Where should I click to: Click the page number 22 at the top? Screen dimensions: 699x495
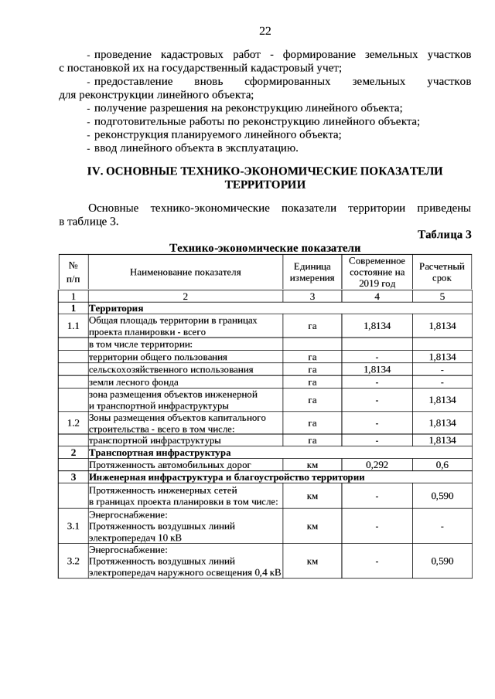[x=265, y=31]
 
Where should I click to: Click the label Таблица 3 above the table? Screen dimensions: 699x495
[x=444, y=235]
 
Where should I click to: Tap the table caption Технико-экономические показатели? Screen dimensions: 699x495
[x=265, y=248]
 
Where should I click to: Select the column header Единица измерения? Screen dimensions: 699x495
[x=312, y=272]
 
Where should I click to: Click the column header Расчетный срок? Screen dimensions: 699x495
[x=442, y=272]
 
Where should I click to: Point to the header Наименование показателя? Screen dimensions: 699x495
[x=186, y=272]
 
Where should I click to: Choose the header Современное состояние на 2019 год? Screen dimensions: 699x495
[x=377, y=272]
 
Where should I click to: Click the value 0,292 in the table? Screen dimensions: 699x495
[x=377, y=465]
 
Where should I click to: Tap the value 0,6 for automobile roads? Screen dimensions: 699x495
[x=442, y=465]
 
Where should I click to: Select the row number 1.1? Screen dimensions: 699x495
[x=73, y=326]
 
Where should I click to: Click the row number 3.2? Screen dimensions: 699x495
[x=73, y=561]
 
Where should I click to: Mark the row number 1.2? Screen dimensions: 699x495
[x=73, y=422]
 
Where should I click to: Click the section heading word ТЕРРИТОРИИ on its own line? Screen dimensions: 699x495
[x=265, y=185]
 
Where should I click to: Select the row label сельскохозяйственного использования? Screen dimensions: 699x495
[x=171, y=369]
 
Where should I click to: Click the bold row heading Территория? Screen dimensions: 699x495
[x=117, y=308]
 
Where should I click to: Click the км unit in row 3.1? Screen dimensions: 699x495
[x=312, y=527]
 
